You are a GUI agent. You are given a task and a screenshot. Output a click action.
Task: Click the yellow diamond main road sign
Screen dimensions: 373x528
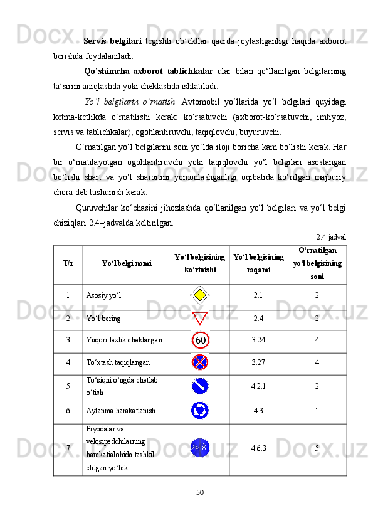[199, 295]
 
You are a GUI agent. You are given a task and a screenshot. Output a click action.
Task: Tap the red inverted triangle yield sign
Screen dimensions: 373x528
[199, 318]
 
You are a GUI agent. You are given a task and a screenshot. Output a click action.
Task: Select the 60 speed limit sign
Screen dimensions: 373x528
[200, 341]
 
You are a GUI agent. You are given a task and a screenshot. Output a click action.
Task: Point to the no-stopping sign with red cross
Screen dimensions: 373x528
[200, 362]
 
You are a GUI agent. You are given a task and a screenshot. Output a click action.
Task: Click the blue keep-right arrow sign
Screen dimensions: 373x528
[200, 387]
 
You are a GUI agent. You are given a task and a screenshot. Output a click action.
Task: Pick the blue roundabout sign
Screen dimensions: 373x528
[200, 411]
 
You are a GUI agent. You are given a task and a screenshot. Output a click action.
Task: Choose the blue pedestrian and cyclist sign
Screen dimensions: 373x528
[200, 448]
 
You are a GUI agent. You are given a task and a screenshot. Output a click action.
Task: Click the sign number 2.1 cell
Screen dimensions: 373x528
[258, 295]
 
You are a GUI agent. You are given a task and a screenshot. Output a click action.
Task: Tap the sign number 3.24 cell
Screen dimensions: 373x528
[258, 341]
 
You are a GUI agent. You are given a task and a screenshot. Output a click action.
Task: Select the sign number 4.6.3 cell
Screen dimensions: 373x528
[258, 448]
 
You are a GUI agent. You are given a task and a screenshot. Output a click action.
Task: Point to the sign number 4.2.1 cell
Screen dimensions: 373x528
[258, 387]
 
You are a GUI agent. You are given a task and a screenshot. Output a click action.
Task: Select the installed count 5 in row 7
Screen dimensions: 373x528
[317, 448]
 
